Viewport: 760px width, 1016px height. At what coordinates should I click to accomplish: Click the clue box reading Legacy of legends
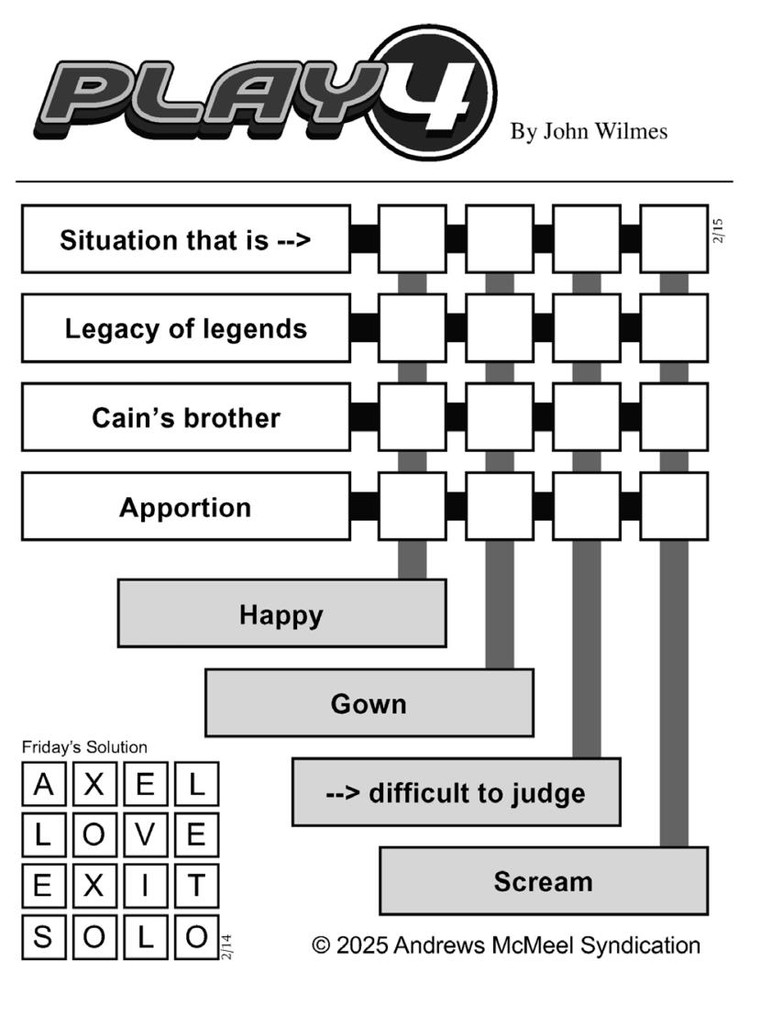coord(186,328)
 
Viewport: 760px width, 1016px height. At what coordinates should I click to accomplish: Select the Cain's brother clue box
coord(186,417)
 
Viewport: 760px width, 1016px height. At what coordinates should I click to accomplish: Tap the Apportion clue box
coord(186,507)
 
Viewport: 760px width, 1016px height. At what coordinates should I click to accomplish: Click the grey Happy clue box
coord(281,613)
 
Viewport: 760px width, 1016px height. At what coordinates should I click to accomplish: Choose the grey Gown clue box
coord(369,703)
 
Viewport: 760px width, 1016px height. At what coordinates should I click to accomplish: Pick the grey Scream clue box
coord(544,881)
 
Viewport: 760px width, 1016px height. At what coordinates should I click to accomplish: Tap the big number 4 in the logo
coord(433,92)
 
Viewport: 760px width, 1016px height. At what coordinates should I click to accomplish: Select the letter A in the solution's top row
coord(43,784)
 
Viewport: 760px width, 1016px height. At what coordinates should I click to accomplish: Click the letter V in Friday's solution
coord(145,834)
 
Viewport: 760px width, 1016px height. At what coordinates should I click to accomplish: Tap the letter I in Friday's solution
coord(145,885)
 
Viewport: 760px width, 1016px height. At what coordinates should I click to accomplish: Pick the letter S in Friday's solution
coord(43,937)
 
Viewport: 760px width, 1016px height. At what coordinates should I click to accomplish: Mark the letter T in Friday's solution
coord(196,885)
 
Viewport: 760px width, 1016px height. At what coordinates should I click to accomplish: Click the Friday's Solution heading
coord(84,747)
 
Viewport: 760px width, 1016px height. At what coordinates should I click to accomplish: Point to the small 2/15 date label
coord(717,231)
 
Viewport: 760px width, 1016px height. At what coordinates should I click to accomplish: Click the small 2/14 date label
coord(226,946)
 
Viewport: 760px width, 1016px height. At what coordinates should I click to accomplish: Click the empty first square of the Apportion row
coord(413,507)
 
